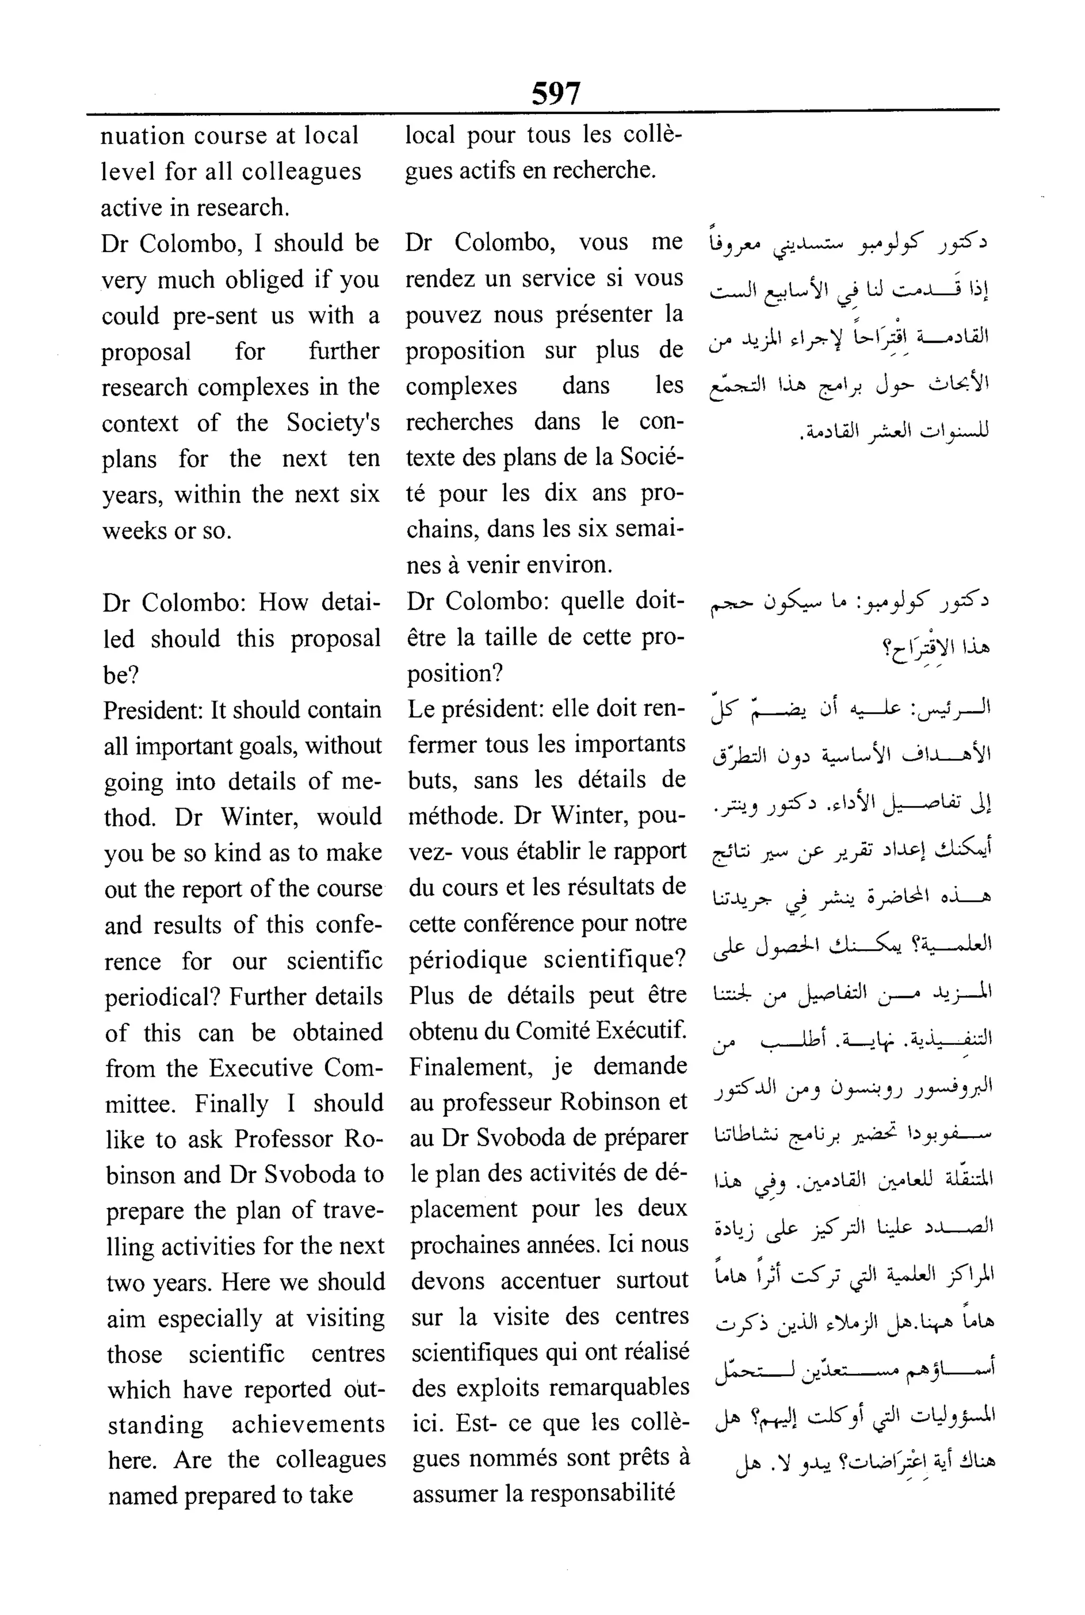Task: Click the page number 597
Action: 556,93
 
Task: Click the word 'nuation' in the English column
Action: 143,136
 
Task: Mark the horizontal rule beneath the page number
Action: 542,111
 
